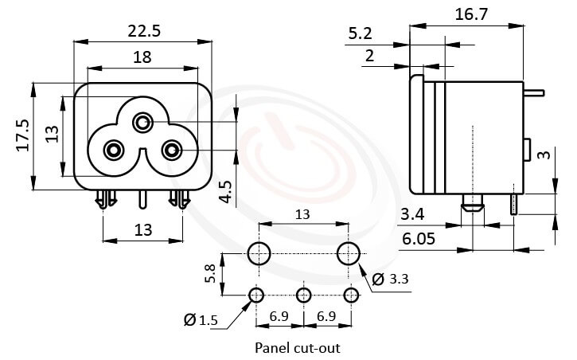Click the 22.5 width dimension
[143, 31]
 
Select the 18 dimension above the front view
[143, 57]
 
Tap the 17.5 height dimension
[22, 135]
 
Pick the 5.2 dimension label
[362, 33]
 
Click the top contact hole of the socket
[143, 123]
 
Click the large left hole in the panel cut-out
[259, 254]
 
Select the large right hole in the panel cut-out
[349, 254]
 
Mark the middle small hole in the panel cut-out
[303, 295]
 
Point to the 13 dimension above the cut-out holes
[304, 215]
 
